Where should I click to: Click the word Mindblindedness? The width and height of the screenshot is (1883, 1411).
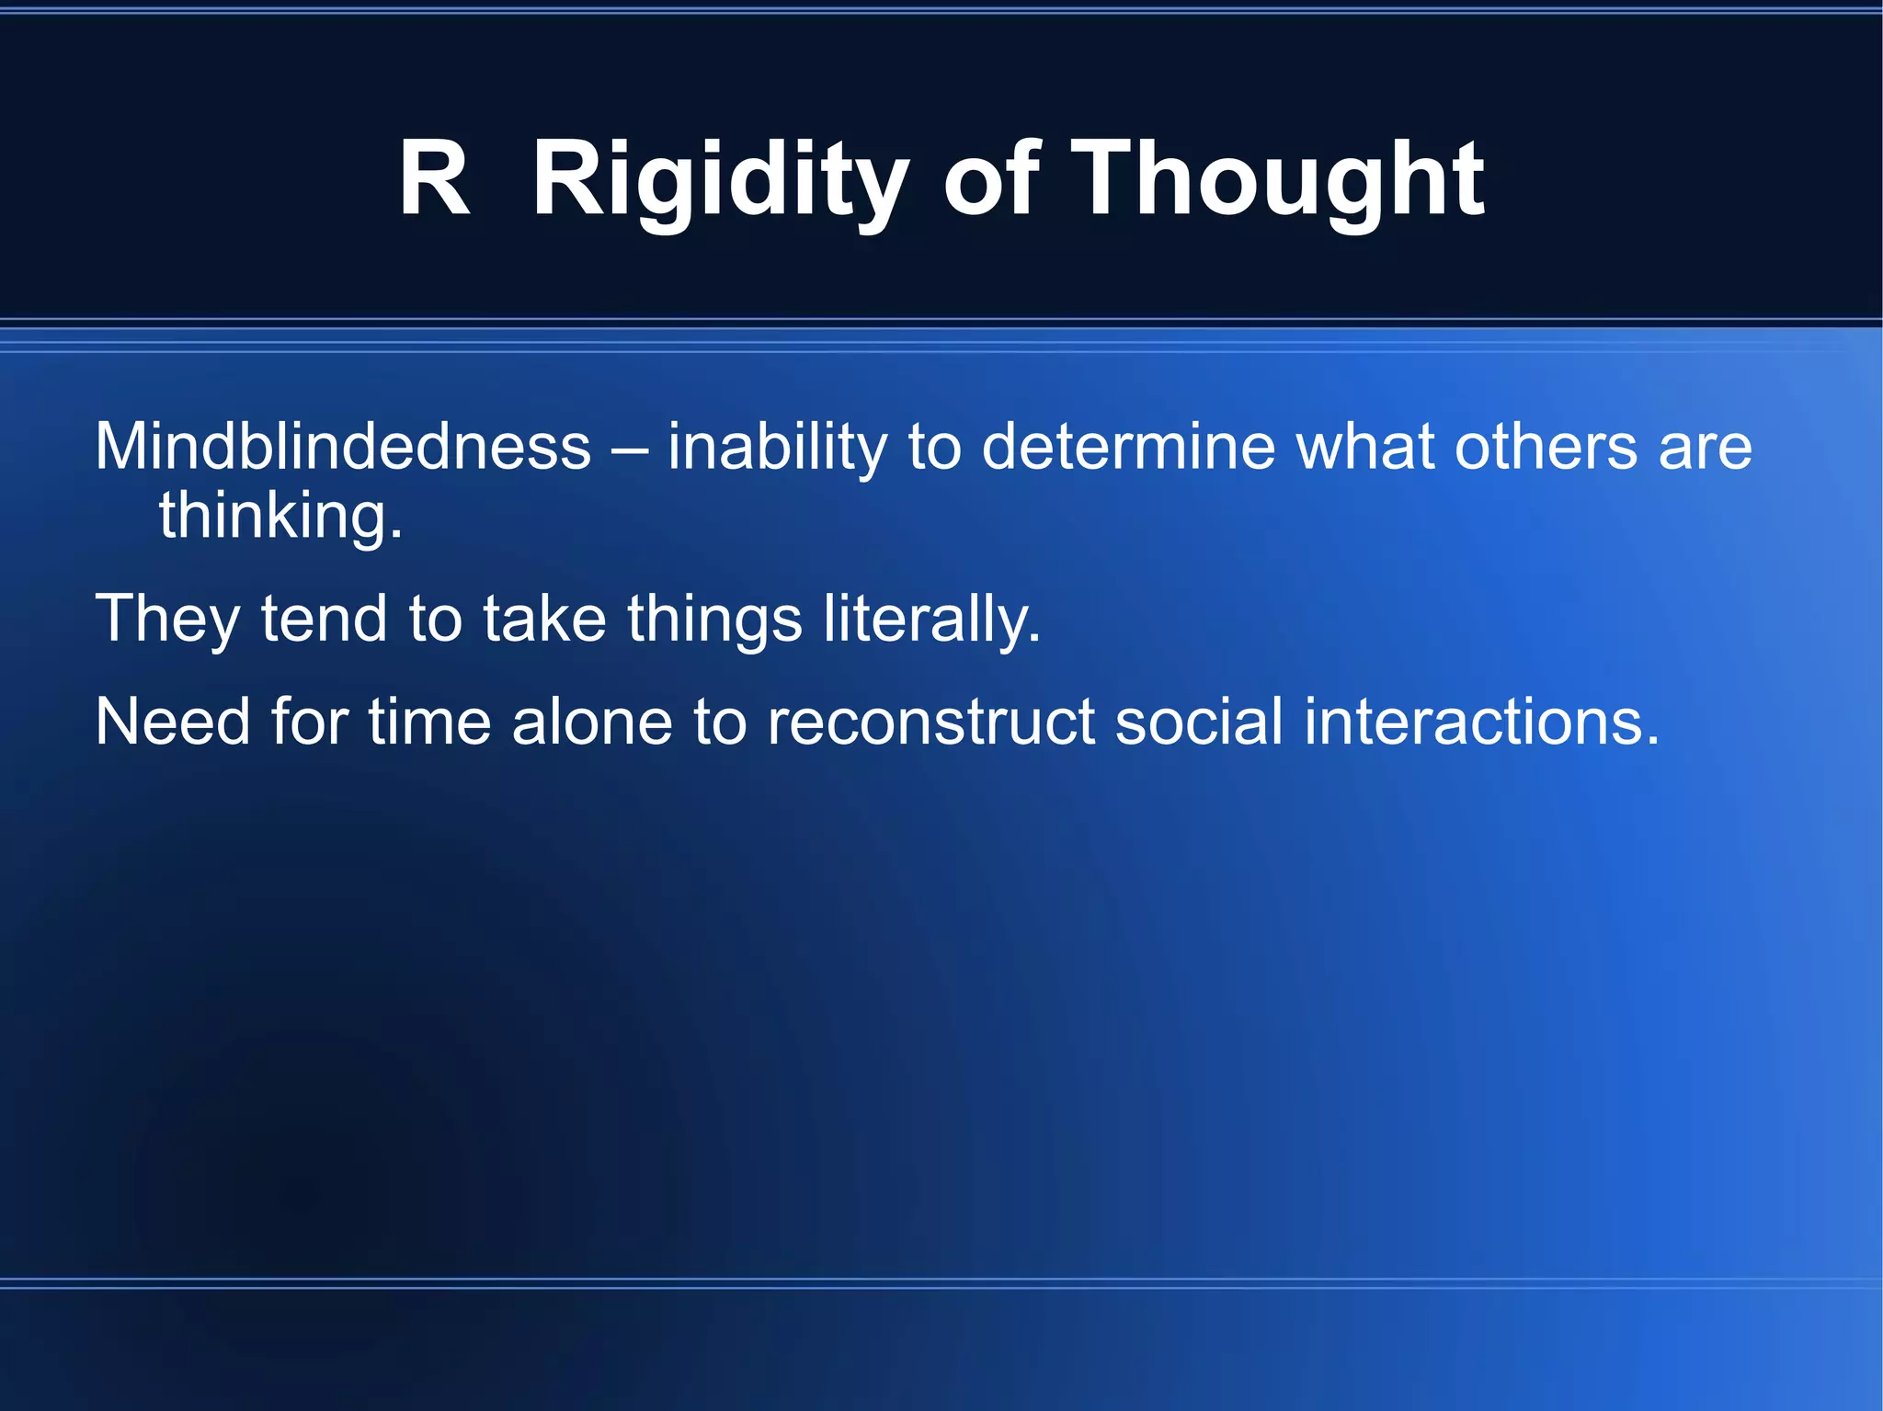343,448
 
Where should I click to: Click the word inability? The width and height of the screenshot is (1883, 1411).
777,448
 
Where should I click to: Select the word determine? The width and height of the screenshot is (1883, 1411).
1129,448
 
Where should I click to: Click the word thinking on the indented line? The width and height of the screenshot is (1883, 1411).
280,517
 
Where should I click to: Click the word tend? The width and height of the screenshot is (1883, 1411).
323,620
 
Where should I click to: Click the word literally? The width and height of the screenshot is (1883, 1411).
931,620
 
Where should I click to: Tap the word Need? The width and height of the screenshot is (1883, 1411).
172,723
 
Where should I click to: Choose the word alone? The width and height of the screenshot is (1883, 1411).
592,723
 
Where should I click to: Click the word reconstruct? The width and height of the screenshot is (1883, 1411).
930,723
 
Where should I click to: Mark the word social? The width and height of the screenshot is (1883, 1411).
1198,723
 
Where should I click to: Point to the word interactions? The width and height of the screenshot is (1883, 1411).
1481,723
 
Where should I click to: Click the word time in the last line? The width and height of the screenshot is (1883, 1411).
429,723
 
